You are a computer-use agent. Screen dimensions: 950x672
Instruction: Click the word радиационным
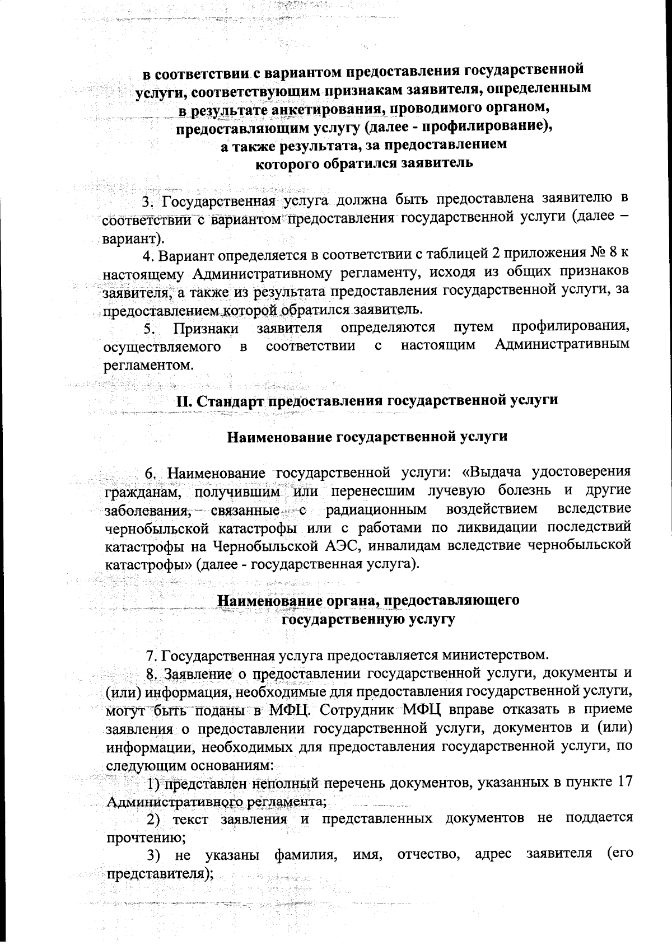376,509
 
